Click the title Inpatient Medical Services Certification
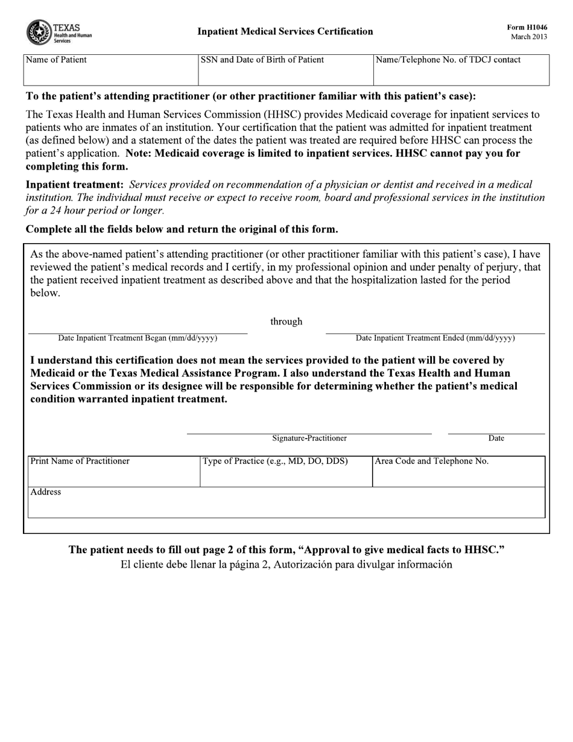pos(285,31)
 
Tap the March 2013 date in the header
pos(529,37)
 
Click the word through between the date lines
pos(286,322)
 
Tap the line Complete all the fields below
pos(182,229)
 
